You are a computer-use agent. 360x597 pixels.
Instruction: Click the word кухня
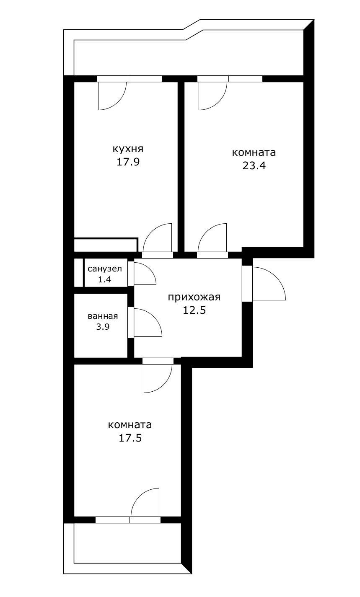point(128,149)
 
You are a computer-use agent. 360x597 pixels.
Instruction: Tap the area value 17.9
point(128,162)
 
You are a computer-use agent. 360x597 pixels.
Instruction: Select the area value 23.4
point(254,165)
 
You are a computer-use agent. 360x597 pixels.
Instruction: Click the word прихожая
point(194,297)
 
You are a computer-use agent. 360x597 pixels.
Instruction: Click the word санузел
point(105,269)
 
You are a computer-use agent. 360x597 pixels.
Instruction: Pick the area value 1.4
point(104,279)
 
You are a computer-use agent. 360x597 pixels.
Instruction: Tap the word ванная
point(103,316)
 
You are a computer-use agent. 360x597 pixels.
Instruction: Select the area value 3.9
point(103,327)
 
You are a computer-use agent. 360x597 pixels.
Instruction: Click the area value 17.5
point(130,438)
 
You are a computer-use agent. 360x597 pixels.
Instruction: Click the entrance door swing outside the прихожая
point(266,285)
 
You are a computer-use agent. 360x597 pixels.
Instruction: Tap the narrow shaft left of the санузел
point(78,273)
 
